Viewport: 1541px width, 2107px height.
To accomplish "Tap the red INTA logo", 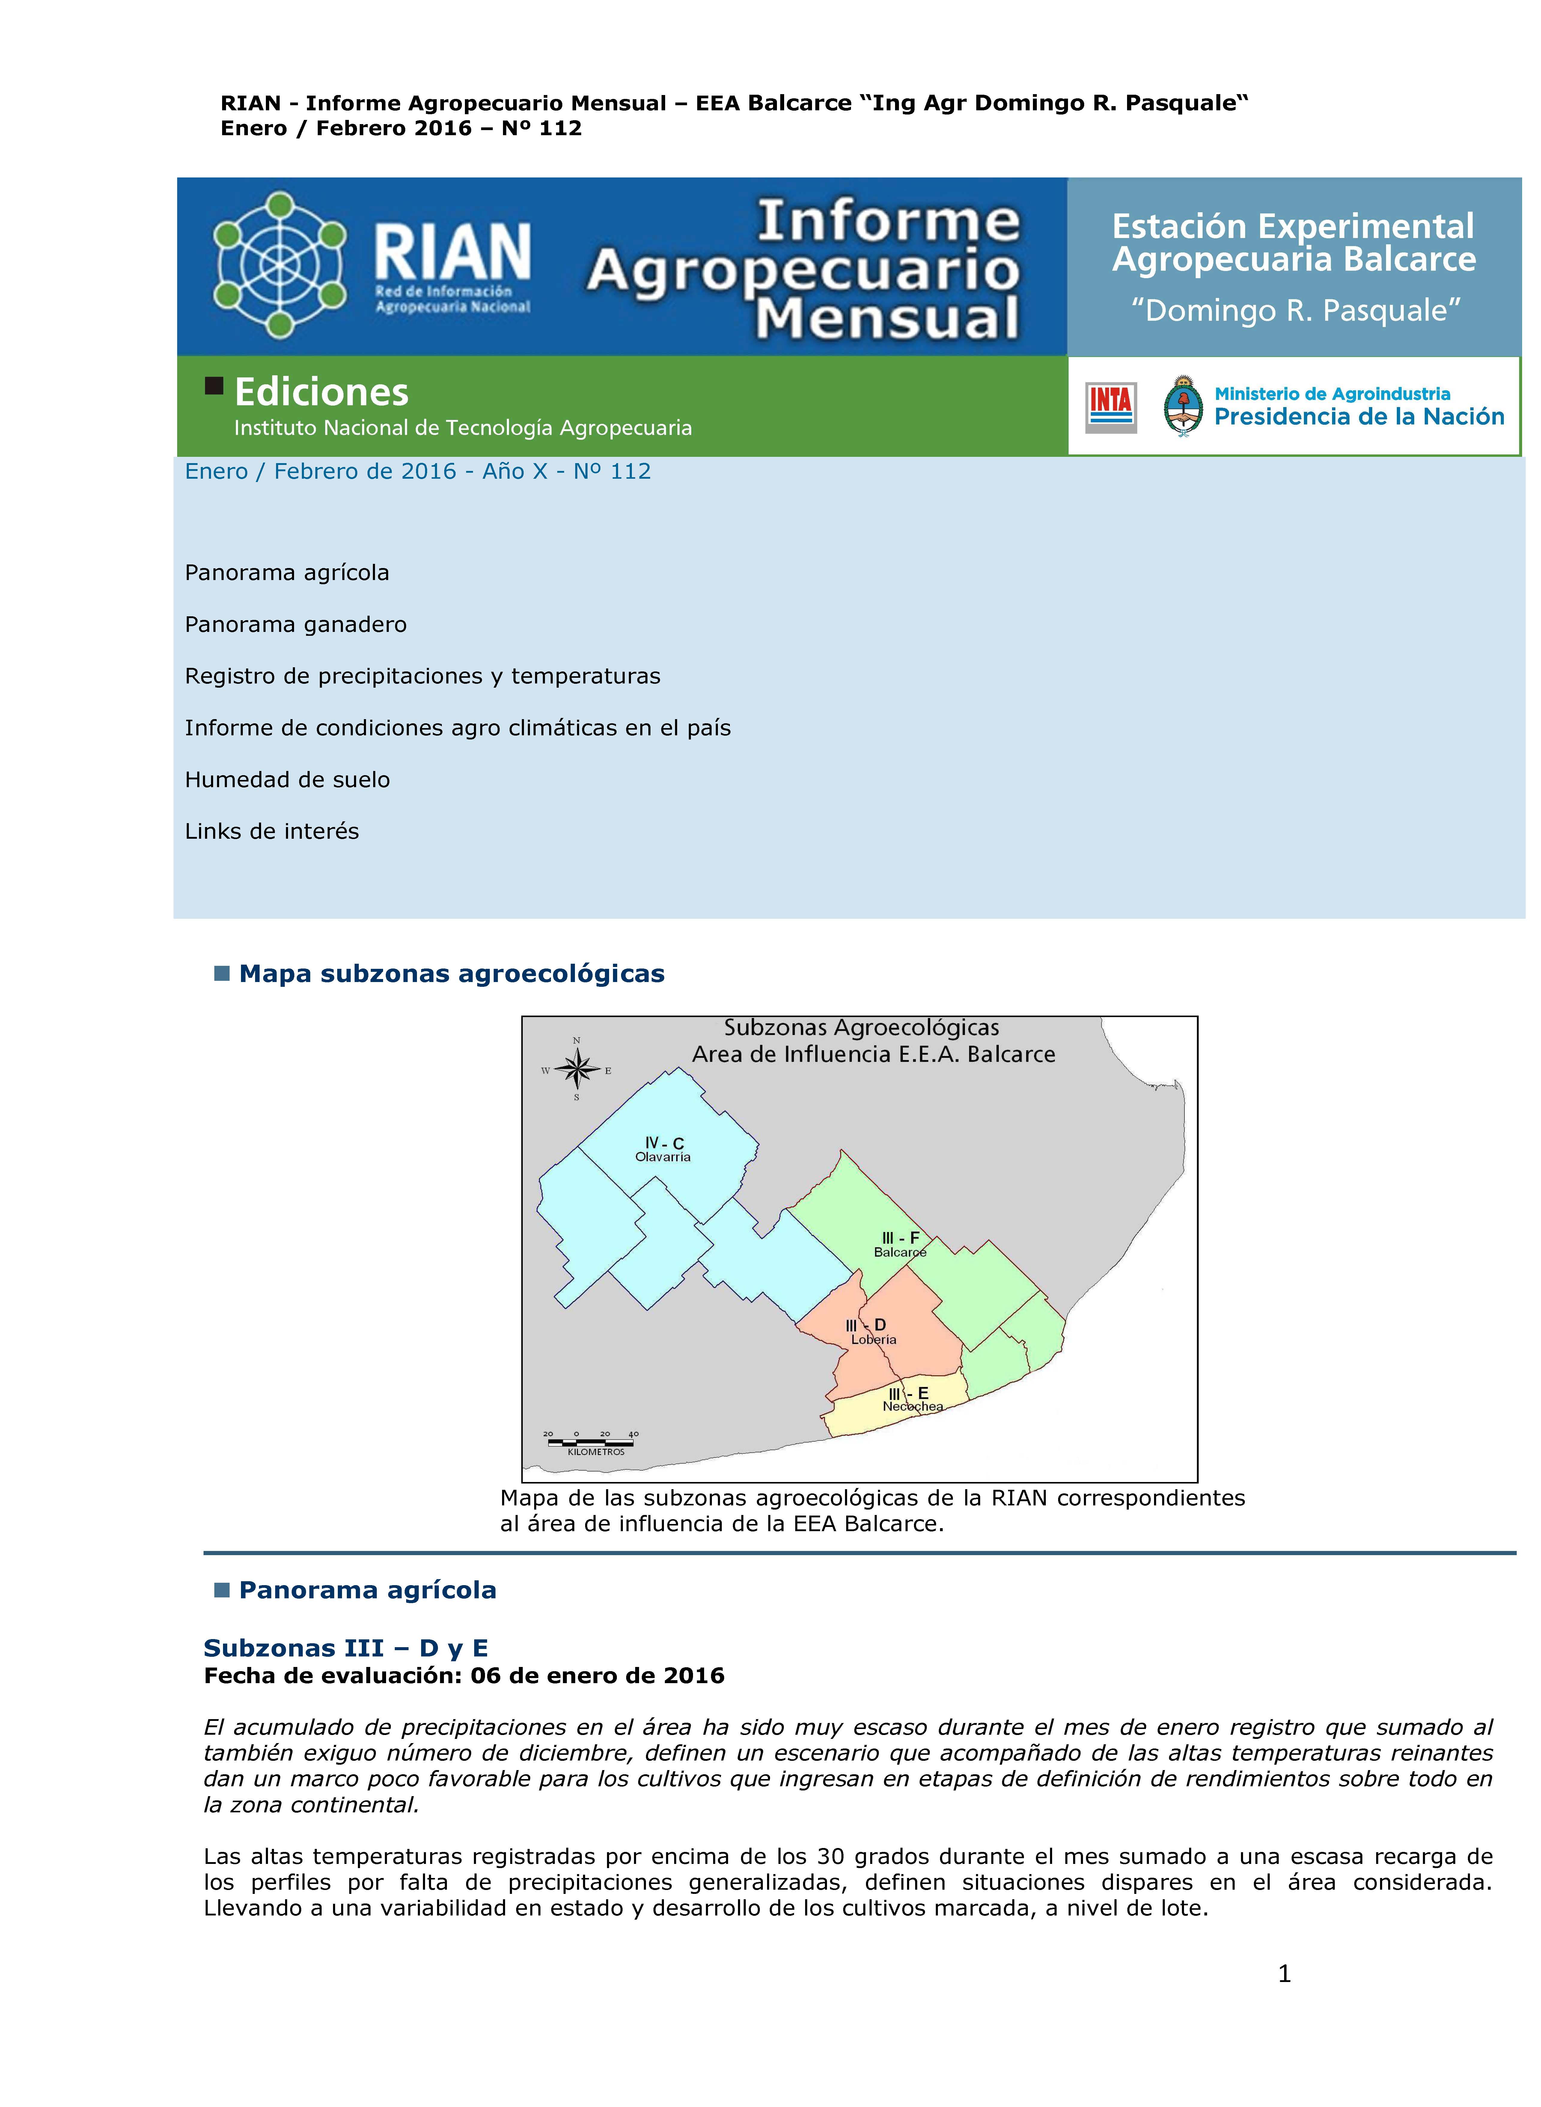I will (1110, 408).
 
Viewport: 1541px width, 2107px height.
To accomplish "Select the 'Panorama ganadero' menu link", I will (296, 624).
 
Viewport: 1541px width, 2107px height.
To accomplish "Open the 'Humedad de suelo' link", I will (287, 780).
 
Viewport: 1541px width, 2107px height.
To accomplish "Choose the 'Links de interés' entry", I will (272, 831).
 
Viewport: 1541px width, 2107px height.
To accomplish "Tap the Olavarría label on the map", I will (663, 1156).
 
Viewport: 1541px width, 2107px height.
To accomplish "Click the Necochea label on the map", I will (912, 1406).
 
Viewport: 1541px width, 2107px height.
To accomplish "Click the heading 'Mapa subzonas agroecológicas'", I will (451, 974).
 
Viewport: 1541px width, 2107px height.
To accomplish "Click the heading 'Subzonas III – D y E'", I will (345, 1648).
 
